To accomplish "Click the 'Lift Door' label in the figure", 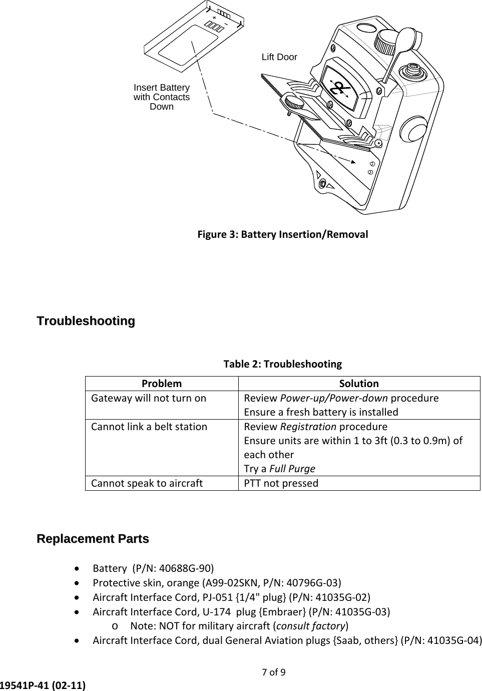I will tap(279, 57).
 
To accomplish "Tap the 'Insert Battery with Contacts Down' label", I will tap(161, 97).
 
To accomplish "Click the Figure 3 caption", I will tap(282, 234).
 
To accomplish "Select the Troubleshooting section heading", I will tap(86, 320).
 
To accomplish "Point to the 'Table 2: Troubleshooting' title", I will tap(282, 364).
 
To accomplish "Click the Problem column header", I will tap(162, 384).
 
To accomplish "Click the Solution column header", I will tap(359, 384).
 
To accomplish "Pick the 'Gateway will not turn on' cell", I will tap(149, 398).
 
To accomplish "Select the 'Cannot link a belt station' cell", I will tap(149, 427).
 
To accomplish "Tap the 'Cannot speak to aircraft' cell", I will tap(147, 483).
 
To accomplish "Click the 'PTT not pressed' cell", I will tap(281, 483).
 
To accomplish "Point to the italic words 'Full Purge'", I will tap(292, 469).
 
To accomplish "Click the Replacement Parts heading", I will tap(93, 539).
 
